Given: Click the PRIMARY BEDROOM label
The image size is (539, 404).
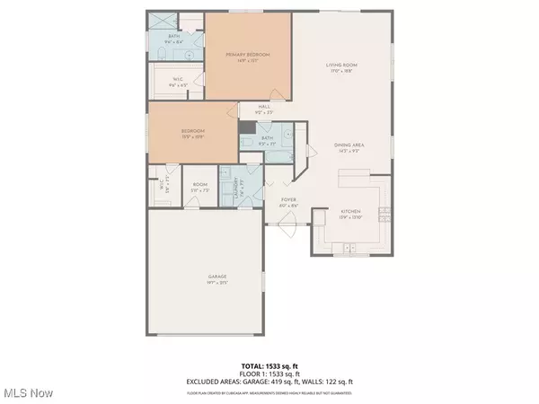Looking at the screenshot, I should click(247, 55).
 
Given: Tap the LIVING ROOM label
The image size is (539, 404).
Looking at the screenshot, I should click(343, 65).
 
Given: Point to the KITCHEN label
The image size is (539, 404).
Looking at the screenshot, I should click(349, 212).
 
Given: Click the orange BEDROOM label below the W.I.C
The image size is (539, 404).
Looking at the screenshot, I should click(194, 131).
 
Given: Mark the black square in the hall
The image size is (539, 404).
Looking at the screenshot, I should click(246, 127).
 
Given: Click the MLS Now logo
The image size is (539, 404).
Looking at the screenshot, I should click(28, 392).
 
